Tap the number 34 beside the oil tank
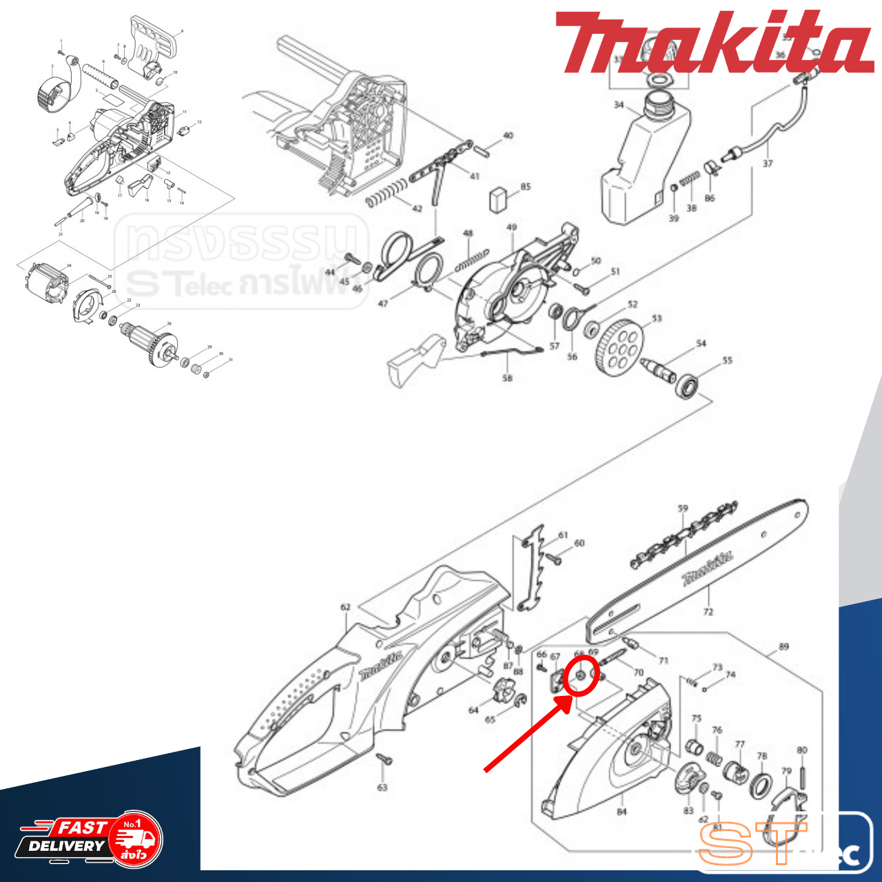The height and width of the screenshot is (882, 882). (x=619, y=105)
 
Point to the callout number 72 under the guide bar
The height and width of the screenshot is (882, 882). (x=708, y=611)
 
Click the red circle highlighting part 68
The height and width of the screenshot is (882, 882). (x=580, y=676)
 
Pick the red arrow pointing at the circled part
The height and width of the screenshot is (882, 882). (x=528, y=735)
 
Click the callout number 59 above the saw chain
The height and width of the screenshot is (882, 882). (x=682, y=509)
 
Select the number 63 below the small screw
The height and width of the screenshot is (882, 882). (x=382, y=787)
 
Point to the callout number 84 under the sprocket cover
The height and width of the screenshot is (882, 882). (x=622, y=812)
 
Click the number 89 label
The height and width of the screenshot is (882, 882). (x=783, y=646)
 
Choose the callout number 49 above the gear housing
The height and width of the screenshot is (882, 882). (x=511, y=227)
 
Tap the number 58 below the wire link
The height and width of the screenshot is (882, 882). (x=507, y=378)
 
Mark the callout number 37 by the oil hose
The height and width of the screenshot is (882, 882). (x=768, y=163)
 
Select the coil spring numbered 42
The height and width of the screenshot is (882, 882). (x=387, y=192)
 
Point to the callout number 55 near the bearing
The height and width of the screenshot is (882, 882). (x=727, y=360)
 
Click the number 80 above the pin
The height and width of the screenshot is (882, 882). (x=802, y=750)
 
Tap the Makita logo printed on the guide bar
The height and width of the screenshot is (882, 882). (x=707, y=569)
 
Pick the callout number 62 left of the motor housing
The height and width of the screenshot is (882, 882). (x=345, y=607)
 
